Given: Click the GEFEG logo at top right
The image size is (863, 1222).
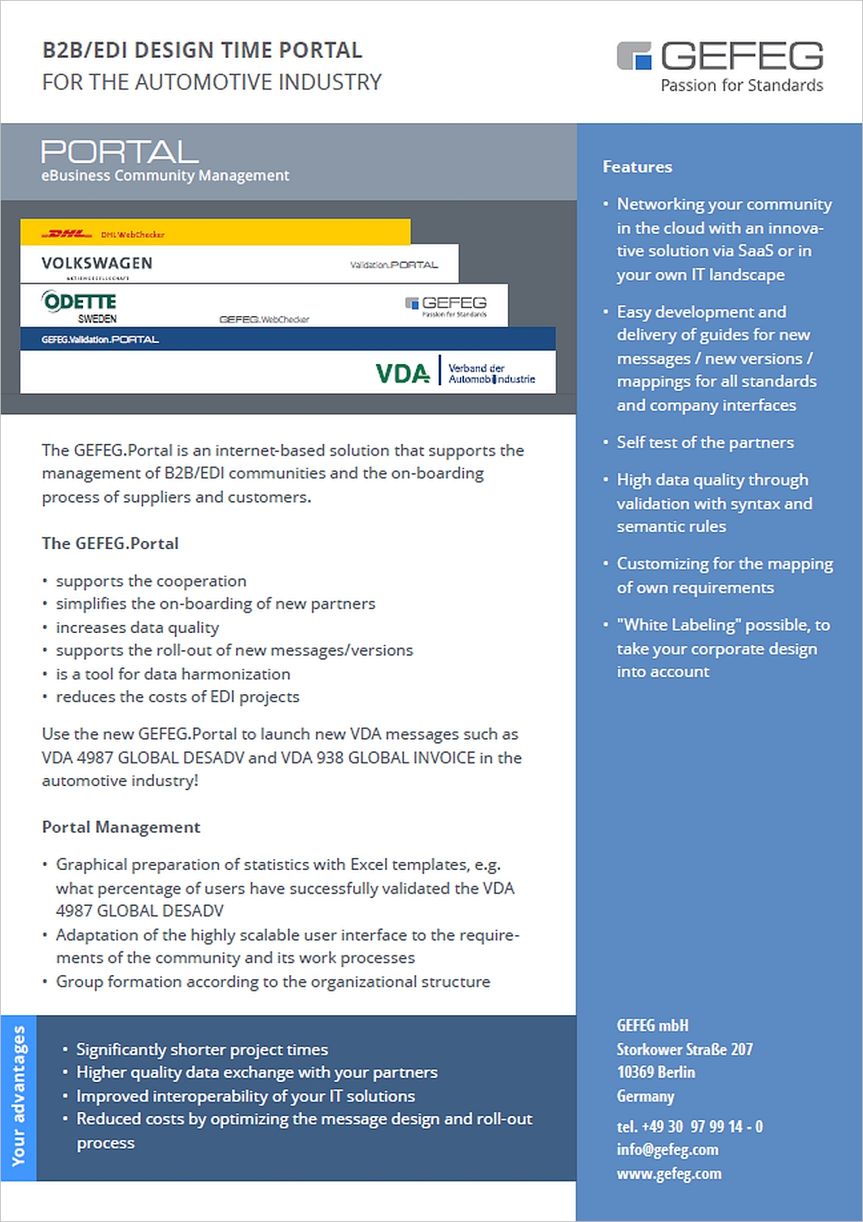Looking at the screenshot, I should pyautogui.click(x=720, y=55).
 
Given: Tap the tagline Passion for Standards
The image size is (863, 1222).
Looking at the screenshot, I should pyautogui.click(x=741, y=86).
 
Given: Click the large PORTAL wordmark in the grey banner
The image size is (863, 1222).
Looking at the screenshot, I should pyautogui.click(x=120, y=152).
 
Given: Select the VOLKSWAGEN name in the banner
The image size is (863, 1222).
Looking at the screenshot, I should pyautogui.click(x=97, y=263).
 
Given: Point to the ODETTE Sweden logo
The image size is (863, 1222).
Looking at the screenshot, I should pyautogui.click(x=80, y=306).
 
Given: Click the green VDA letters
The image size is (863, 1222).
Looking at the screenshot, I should pyautogui.click(x=402, y=373).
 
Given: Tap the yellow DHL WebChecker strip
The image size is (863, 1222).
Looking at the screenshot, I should pyautogui.click(x=215, y=233).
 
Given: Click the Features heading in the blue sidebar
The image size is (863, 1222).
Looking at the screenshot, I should pyautogui.click(x=637, y=167).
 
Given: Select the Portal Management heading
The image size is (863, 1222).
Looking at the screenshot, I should pyautogui.click(x=120, y=827).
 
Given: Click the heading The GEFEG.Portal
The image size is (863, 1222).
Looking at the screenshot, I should pyautogui.click(x=110, y=543).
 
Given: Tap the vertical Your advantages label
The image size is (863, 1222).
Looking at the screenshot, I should pyautogui.click(x=18, y=1096).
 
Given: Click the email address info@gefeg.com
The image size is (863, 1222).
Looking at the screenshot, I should pyautogui.click(x=667, y=1149).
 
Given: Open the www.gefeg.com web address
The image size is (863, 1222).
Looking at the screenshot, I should pyautogui.click(x=668, y=1173).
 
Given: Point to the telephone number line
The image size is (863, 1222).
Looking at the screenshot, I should pyautogui.click(x=689, y=1127).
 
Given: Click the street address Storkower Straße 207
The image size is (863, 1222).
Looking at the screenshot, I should pyautogui.click(x=684, y=1049).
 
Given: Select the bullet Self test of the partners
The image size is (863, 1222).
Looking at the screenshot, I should pyautogui.click(x=704, y=442).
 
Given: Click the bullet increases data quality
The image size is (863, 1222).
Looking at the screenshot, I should pyautogui.click(x=137, y=627).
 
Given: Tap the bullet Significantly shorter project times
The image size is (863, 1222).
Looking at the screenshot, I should pyautogui.click(x=202, y=1049).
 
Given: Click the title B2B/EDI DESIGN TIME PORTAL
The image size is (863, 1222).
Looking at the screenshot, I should pyautogui.click(x=202, y=51).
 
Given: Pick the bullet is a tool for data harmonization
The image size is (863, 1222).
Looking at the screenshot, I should pyautogui.click(x=173, y=674).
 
